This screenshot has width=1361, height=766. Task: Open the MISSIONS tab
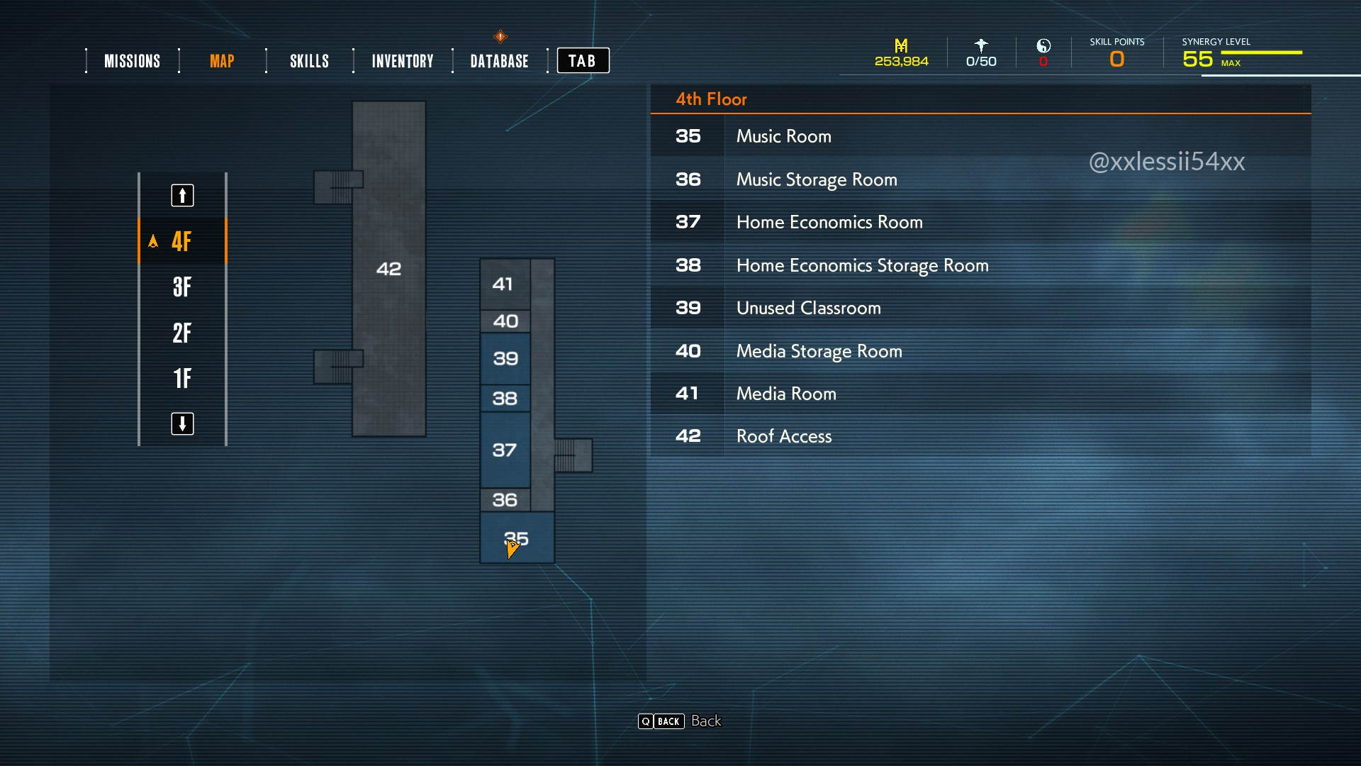pyautogui.click(x=132, y=61)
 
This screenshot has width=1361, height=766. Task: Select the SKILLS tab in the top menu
pyautogui.click(x=309, y=61)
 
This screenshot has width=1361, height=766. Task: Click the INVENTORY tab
pyautogui.click(x=402, y=61)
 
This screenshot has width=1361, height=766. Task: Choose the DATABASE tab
pyautogui.click(x=499, y=61)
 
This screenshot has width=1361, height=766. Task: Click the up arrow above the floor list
pyautogui.click(x=182, y=195)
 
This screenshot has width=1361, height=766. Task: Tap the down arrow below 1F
pyautogui.click(x=182, y=423)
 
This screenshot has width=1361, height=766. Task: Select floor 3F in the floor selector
pyautogui.click(x=182, y=287)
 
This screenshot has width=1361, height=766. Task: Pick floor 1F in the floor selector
pyautogui.click(x=182, y=378)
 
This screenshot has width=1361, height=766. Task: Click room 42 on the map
pyautogui.click(x=388, y=269)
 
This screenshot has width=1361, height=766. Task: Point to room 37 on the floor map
pyautogui.click(x=505, y=450)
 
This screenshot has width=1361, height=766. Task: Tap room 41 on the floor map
pyautogui.click(x=503, y=284)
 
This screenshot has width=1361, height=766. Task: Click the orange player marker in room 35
pyautogui.click(x=512, y=548)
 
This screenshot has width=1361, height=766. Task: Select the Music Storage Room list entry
pyautogui.click(x=817, y=179)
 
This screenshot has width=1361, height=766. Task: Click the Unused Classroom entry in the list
pyautogui.click(x=808, y=308)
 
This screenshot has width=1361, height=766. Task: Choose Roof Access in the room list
pyautogui.click(x=783, y=436)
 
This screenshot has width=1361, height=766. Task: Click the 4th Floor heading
pyautogui.click(x=711, y=99)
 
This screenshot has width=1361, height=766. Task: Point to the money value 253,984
pyautogui.click(x=901, y=62)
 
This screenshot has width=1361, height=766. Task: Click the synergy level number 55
pyautogui.click(x=1197, y=59)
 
